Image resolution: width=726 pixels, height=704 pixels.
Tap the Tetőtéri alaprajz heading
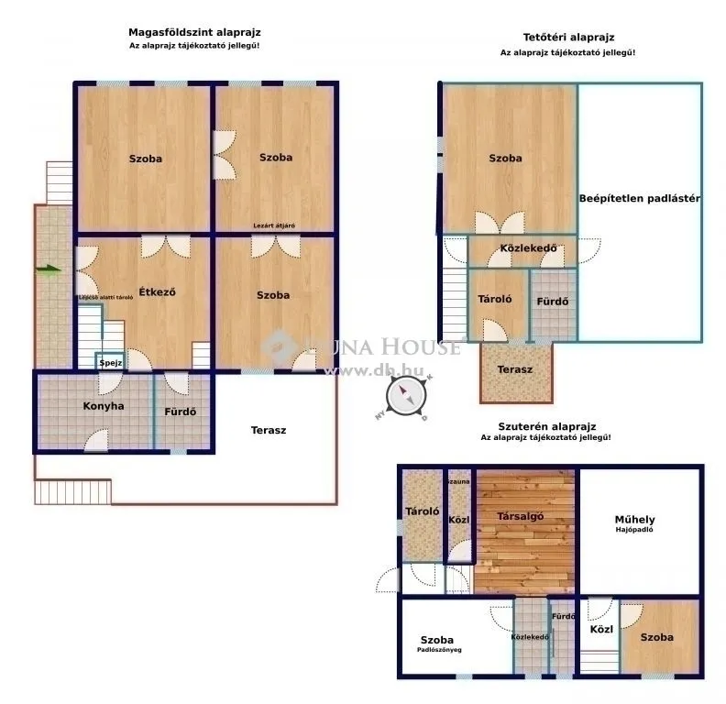coord(566,38)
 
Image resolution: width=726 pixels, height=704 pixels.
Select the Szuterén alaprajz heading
coord(546,426)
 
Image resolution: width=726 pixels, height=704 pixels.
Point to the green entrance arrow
coord(49,269)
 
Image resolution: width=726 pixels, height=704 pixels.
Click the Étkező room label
coord(157,292)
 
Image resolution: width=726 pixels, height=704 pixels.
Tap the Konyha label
coord(104,406)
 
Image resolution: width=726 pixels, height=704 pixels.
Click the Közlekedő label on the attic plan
coord(522,248)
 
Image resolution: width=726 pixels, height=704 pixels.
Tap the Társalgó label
coord(521,516)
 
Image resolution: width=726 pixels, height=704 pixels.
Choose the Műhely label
coord(634,520)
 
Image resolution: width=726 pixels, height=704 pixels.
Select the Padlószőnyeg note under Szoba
coord(438,650)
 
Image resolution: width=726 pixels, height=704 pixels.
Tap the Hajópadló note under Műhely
coord(634,530)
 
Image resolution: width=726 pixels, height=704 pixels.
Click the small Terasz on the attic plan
coord(514,368)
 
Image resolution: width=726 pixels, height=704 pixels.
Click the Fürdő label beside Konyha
coord(181,412)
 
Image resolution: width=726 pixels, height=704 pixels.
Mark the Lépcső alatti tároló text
coord(104,297)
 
